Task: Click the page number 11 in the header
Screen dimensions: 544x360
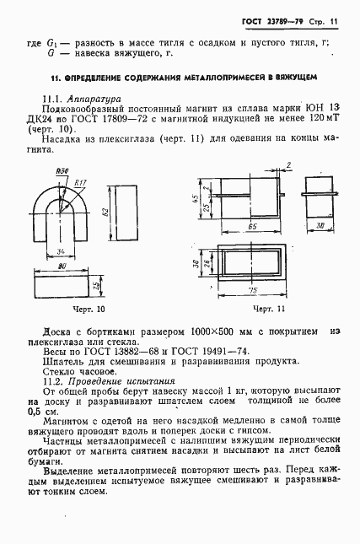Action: pos(334,19)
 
